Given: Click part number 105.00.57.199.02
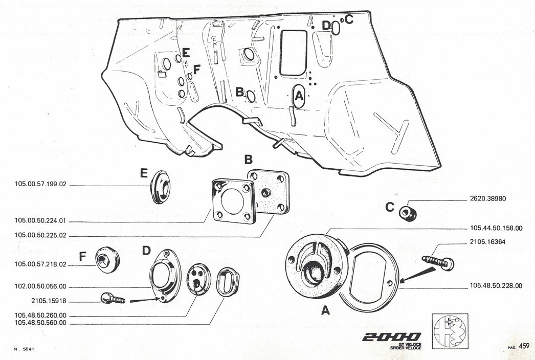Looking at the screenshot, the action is tap(40, 184).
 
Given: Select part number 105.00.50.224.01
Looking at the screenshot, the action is tap(40, 221).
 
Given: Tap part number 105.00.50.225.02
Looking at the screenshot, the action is tap(40, 235).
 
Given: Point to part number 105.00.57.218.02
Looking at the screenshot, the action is tap(40, 264).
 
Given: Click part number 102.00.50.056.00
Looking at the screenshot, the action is tap(40, 287).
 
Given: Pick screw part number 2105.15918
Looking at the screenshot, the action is tap(49, 301).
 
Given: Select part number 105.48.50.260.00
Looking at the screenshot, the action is tap(40, 316).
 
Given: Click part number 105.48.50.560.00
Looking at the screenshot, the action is tap(40, 323).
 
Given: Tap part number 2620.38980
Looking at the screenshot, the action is tap(488, 198).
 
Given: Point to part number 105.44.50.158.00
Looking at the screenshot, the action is tap(496, 228).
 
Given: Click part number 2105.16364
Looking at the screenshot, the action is tap(487, 242).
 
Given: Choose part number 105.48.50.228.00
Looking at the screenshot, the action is tap(496, 286).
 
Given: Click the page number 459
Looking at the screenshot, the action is tap(524, 346).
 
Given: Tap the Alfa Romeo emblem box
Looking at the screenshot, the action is tap(450, 331).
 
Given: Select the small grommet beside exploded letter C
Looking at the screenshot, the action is tap(408, 214).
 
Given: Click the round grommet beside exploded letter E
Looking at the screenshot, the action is tap(160, 187).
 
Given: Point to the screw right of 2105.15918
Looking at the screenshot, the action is tap(113, 299).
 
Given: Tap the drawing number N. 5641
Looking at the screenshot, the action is tap(24, 349).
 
